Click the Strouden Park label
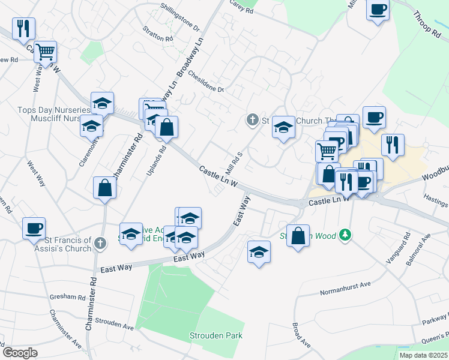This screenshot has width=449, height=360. coord(216,335)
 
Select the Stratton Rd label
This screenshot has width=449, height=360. coord(158,34)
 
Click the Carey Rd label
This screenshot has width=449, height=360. coord(242,7)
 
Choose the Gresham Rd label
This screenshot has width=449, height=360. coord(68,296)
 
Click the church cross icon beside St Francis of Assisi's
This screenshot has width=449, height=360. coord(100,244)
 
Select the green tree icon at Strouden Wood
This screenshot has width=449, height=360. coord(345,235)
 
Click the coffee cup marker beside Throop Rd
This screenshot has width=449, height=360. coord(378,10)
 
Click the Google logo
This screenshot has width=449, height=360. coord(20,353)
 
